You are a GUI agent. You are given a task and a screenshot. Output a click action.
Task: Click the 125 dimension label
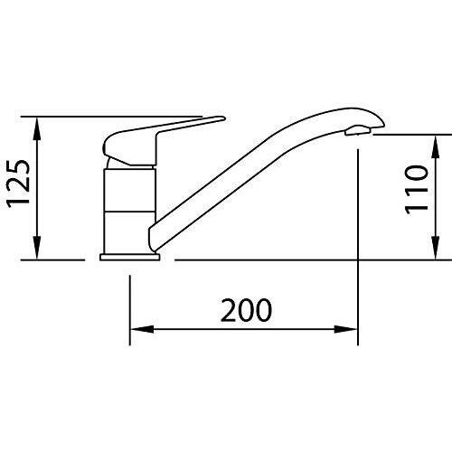pos(19,184)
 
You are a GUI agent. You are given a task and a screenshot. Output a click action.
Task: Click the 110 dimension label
pos(417,190)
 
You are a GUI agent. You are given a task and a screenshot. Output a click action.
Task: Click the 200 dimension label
pos(246,310)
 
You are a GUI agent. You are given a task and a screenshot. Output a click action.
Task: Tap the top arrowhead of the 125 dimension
pos(37,128)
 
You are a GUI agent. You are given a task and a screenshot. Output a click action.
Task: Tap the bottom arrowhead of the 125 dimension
pos(37,247)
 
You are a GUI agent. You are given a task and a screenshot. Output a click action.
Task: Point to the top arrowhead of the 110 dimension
pos(436,146)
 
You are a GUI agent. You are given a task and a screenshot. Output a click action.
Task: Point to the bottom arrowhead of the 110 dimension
pos(436,248)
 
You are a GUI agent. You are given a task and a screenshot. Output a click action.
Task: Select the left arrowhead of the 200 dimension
pos(142,329)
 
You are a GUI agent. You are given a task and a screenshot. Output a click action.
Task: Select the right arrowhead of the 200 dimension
pos(345,329)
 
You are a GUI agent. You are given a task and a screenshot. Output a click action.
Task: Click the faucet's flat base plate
pos(129,257)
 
